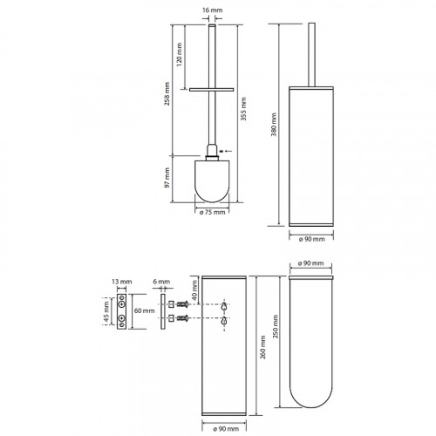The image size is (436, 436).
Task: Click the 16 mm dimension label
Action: click(212, 10)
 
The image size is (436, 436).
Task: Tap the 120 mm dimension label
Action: click(180, 55)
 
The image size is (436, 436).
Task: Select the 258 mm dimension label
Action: click(167, 93)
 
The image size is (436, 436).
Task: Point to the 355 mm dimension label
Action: click(243, 109)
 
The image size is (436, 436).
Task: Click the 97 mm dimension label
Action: click(167, 178)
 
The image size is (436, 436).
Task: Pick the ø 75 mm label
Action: click(212, 212)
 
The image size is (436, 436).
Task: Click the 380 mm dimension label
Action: click(274, 125)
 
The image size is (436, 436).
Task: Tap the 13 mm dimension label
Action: click(122, 282)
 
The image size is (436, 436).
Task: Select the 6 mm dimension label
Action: click(161, 282)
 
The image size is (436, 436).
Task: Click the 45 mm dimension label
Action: click(106, 311)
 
